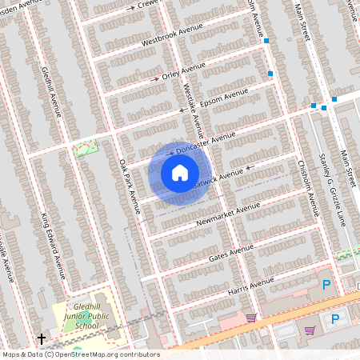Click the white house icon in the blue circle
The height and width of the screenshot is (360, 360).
(180, 173)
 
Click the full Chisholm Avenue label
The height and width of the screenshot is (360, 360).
(307, 189)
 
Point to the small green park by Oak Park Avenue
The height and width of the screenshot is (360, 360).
(84, 148)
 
